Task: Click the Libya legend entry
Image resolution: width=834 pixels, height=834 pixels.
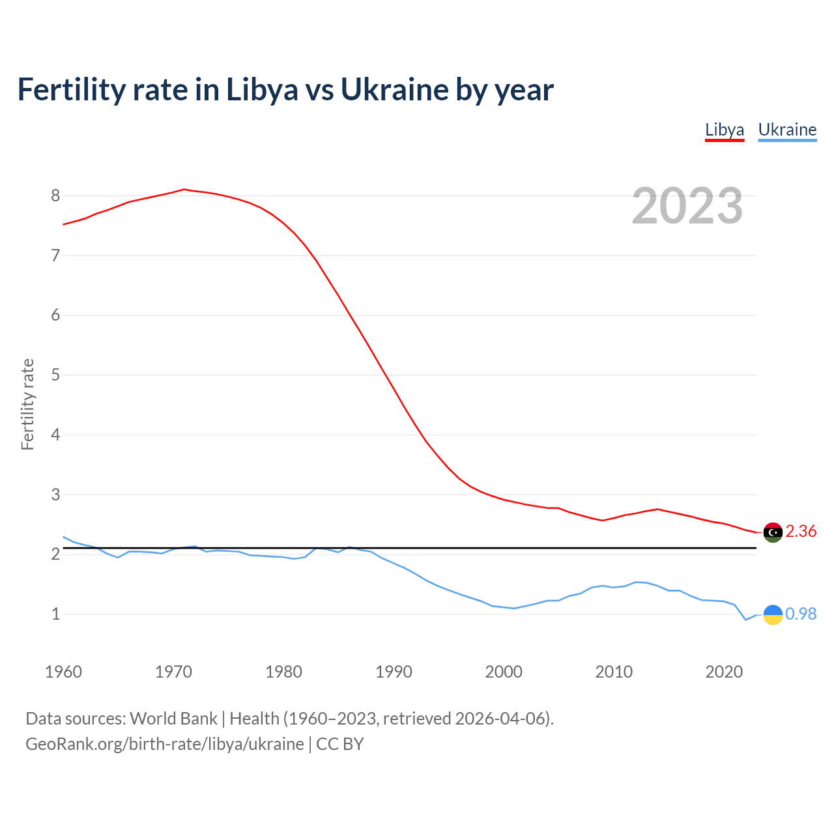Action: pos(725,130)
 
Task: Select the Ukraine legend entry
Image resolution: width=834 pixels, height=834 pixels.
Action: pos(787,130)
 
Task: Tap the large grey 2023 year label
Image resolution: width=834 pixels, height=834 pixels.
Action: pos(687,206)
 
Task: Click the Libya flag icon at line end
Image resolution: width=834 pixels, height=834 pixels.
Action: pos(773,532)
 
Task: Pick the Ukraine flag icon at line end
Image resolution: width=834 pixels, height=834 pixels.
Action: pos(773,614)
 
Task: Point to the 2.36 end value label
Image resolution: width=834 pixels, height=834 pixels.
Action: pos(801,532)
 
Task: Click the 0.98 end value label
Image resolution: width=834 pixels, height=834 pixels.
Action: pos(801,614)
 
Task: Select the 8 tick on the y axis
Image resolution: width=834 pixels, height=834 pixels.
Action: pos(55,195)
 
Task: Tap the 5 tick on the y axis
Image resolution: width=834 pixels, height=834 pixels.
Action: pos(55,375)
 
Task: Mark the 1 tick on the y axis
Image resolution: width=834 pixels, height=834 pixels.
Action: pos(55,614)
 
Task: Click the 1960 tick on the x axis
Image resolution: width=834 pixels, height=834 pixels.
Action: pos(63,672)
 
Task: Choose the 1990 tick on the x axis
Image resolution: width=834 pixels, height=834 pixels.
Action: pos(394,672)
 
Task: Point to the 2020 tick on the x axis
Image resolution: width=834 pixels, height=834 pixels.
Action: pos(724,672)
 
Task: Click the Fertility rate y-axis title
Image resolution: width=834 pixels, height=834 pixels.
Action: pos(27,404)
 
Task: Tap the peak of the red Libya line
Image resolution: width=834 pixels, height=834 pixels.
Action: pos(184,189)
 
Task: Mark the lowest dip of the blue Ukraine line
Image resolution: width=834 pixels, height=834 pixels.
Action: pos(746,620)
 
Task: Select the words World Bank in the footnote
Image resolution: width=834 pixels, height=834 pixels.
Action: pos(173,719)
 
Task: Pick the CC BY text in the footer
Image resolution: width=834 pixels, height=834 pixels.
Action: pos(340,744)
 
